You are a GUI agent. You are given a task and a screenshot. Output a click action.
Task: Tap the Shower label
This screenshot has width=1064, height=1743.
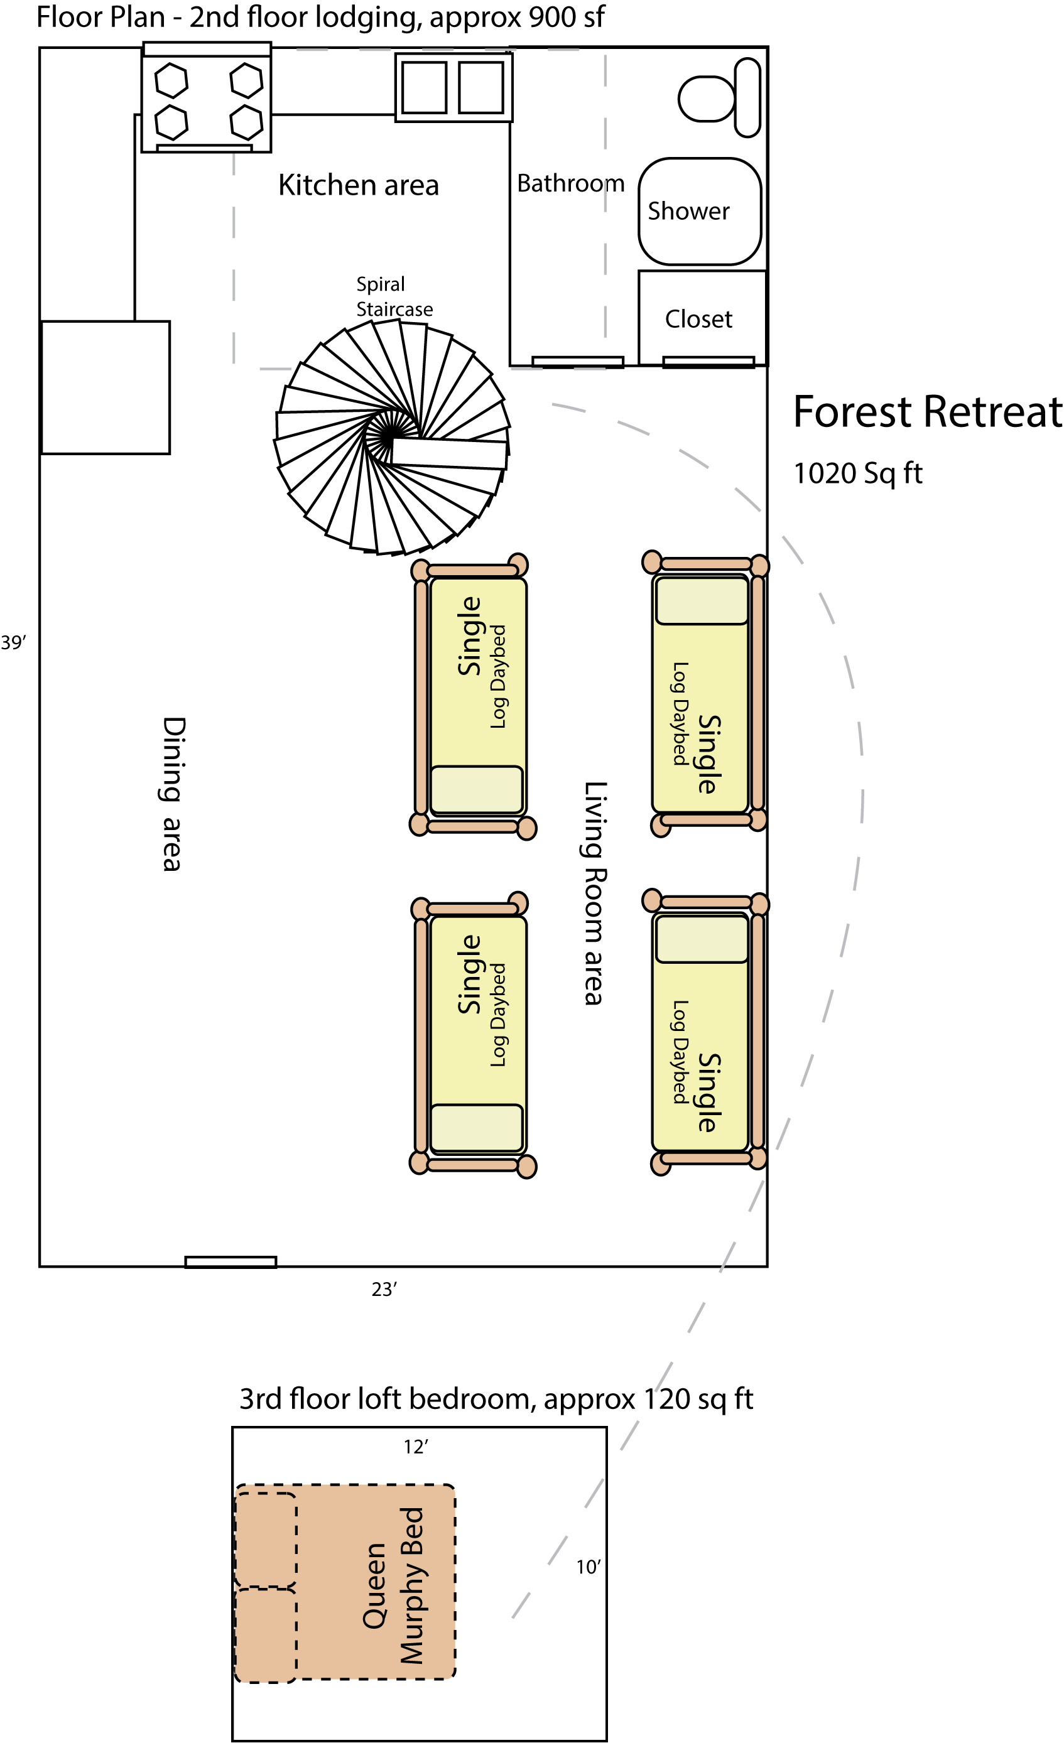pyautogui.click(x=688, y=211)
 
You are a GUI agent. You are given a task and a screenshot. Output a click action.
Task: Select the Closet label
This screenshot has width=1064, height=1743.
pyautogui.click(x=698, y=319)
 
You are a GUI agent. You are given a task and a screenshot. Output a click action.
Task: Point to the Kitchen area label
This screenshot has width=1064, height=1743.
pyautogui.click(x=358, y=185)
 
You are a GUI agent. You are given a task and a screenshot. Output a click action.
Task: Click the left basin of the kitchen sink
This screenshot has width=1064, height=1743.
pyautogui.click(x=425, y=87)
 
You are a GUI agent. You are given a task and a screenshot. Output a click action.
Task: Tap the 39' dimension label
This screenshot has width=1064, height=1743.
pyautogui.click(x=13, y=642)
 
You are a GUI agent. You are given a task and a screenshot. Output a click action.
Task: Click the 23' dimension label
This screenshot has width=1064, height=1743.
pyautogui.click(x=384, y=1289)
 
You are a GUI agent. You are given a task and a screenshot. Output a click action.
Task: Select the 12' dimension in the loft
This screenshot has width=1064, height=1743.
pyautogui.click(x=416, y=1447)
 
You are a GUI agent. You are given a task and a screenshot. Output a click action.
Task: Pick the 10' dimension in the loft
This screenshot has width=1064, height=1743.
pyautogui.click(x=588, y=1567)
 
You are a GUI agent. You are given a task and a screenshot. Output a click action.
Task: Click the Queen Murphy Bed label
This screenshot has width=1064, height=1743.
pyautogui.click(x=393, y=1585)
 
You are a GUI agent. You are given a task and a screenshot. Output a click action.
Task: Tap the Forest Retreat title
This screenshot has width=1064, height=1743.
pyautogui.click(x=926, y=413)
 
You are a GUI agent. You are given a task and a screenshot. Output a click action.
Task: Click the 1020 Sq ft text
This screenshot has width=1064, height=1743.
pyautogui.click(x=857, y=473)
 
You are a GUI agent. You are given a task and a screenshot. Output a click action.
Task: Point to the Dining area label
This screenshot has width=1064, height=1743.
pyautogui.click(x=172, y=794)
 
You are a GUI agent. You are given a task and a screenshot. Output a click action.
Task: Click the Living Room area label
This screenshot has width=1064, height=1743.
pyautogui.click(x=594, y=893)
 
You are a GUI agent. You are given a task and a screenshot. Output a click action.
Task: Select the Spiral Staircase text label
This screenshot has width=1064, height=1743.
pyautogui.click(x=393, y=296)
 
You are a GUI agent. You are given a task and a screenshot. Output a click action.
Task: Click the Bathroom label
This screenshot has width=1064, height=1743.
pyautogui.click(x=570, y=183)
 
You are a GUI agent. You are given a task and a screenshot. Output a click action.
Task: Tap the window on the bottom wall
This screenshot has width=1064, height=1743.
pyautogui.click(x=231, y=1262)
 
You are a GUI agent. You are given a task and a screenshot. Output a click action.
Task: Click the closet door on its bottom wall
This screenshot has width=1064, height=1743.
pyautogui.click(x=708, y=362)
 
